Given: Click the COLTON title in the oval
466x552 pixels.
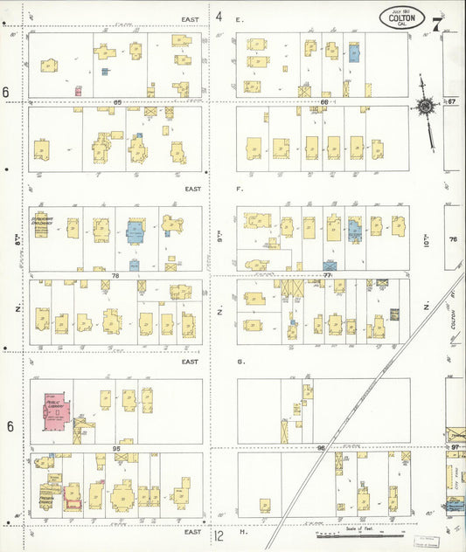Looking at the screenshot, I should (x=402, y=17).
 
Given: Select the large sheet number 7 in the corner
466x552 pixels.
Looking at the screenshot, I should (x=437, y=23).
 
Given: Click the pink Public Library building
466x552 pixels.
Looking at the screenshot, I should (x=57, y=409).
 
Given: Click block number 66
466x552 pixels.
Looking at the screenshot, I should (x=323, y=102).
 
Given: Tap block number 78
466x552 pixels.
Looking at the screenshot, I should (x=115, y=275).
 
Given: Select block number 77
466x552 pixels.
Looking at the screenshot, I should (x=329, y=275).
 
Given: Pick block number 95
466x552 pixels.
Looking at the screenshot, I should (x=115, y=448).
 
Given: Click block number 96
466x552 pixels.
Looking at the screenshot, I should (x=321, y=448).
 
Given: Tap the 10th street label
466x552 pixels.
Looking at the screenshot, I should (x=428, y=234).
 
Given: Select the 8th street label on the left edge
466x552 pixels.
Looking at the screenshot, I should (x=17, y=236).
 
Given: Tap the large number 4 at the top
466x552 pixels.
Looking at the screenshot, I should (x=219, y=17).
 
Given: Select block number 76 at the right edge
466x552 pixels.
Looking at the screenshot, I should (x=453, y=239).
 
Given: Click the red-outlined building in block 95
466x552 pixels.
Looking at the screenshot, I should (x=73, y=501).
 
